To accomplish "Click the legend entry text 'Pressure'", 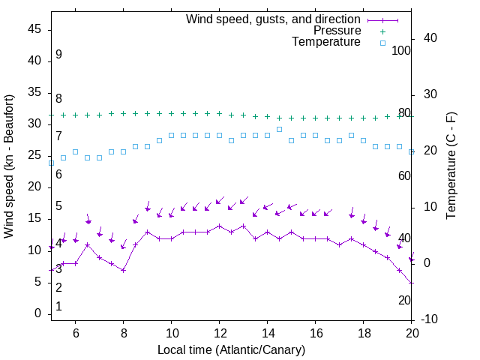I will click(x=337, y=31).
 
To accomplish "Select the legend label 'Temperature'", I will click(x=326, y=42).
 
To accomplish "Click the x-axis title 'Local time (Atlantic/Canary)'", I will click(x=231, y=350).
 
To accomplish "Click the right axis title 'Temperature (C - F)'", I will click(x=451, y=166).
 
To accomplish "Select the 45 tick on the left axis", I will click(x=34, y=29).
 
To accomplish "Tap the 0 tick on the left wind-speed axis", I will click(x=37, y=313).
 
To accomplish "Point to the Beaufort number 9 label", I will click(x=58, y=55).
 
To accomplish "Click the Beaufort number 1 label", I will click(x=58, y=307).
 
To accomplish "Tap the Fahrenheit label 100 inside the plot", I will click(x=401, y=50).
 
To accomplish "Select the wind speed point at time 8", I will click(x=123, y=270).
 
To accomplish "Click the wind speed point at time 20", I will click(x=411, y=283).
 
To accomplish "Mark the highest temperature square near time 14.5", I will click(x=279, y=129).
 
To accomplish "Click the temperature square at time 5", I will click(x=51, y=163).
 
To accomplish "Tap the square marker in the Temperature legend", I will click(x=382, y=43).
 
